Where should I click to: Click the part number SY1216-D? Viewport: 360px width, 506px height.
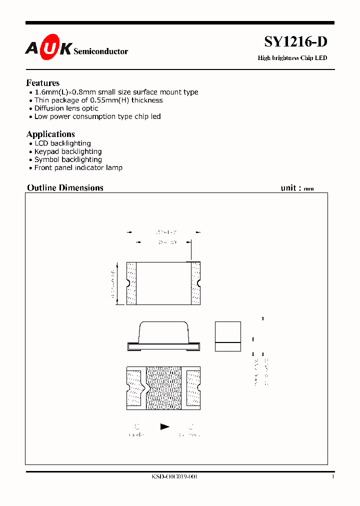(295, 42)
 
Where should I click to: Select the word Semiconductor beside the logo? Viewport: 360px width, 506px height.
(100, 51)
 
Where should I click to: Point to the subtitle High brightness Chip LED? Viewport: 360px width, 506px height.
(292, 58)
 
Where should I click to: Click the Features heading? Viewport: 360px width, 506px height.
(43, 83)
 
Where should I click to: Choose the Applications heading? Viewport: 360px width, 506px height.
(50, 134)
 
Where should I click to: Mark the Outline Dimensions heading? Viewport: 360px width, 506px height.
(65, 188)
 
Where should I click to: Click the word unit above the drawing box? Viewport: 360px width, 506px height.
(289, 188)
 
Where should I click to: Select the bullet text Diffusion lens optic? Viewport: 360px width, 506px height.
(66, 108)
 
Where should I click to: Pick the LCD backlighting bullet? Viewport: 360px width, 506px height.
(62, 143)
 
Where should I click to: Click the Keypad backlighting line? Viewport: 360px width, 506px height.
(68, 151)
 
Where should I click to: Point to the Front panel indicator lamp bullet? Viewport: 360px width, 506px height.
(78, 168)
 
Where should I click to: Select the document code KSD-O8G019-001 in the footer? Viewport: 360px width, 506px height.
(174, 477)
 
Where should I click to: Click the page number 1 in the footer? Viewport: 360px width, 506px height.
(332, 477)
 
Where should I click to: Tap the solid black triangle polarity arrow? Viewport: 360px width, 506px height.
(164, 426)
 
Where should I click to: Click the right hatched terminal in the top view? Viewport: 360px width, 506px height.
(195, 283)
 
